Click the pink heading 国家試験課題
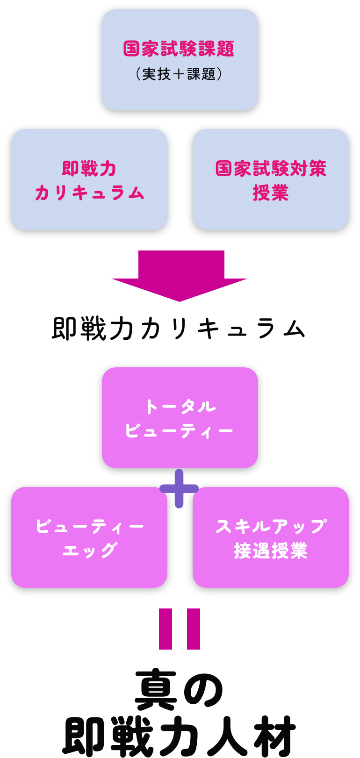pyautogui.click(x=179, y=49)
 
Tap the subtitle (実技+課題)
pyautogui.click(x=179, y=74)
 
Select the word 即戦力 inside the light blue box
pyautogui.click(x=89, y=169)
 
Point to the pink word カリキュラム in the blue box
pyautogui.click(x=89, y=193)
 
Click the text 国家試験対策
pyautogui.click(x=271, y=169)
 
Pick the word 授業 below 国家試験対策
pyautogui.click(x=271, y=193)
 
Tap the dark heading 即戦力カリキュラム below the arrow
pyautogui.click(x=179, y=329)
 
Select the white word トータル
pyautogui.click(x=180, y=407)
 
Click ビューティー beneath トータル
pyautogui.click(x=179, y=431)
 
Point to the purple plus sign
pyautogui.click(x=179, y=489)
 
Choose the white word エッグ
pyautogui.click(x=89, y=551)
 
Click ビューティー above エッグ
pyautogui.click(x=89, y=527)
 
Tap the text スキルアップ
pyautogui.click(x=271, y=527)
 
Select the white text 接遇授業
pyautogui.click(x=271, y=551)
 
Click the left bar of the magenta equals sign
pyautogui.click(x=166, y=629)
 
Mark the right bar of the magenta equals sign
pyautogui.click(x=194, y=629)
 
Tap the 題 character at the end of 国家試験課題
pyautogui.click(x=225, y=49)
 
